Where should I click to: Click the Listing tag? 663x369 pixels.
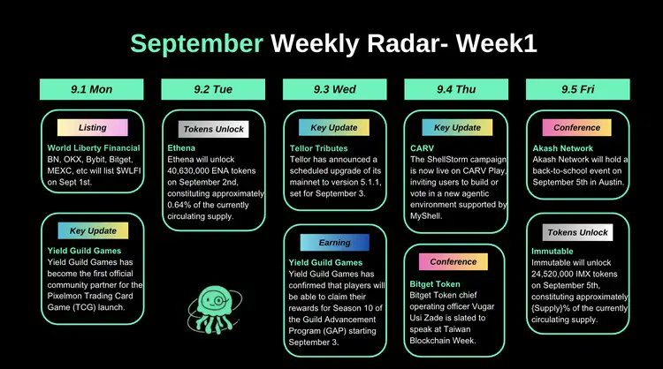click(93, 127)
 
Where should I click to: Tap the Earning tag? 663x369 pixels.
click(334, 243)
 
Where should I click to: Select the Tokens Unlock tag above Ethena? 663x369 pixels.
click(213, 129)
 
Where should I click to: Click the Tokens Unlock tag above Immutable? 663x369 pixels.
click(577, 232)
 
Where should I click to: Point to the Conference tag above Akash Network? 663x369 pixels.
click(577, 127)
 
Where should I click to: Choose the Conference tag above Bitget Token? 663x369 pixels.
click(453, 261)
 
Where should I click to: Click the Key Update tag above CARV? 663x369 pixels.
click(457, 127)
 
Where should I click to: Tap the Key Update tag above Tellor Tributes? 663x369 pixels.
click(334, 127)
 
